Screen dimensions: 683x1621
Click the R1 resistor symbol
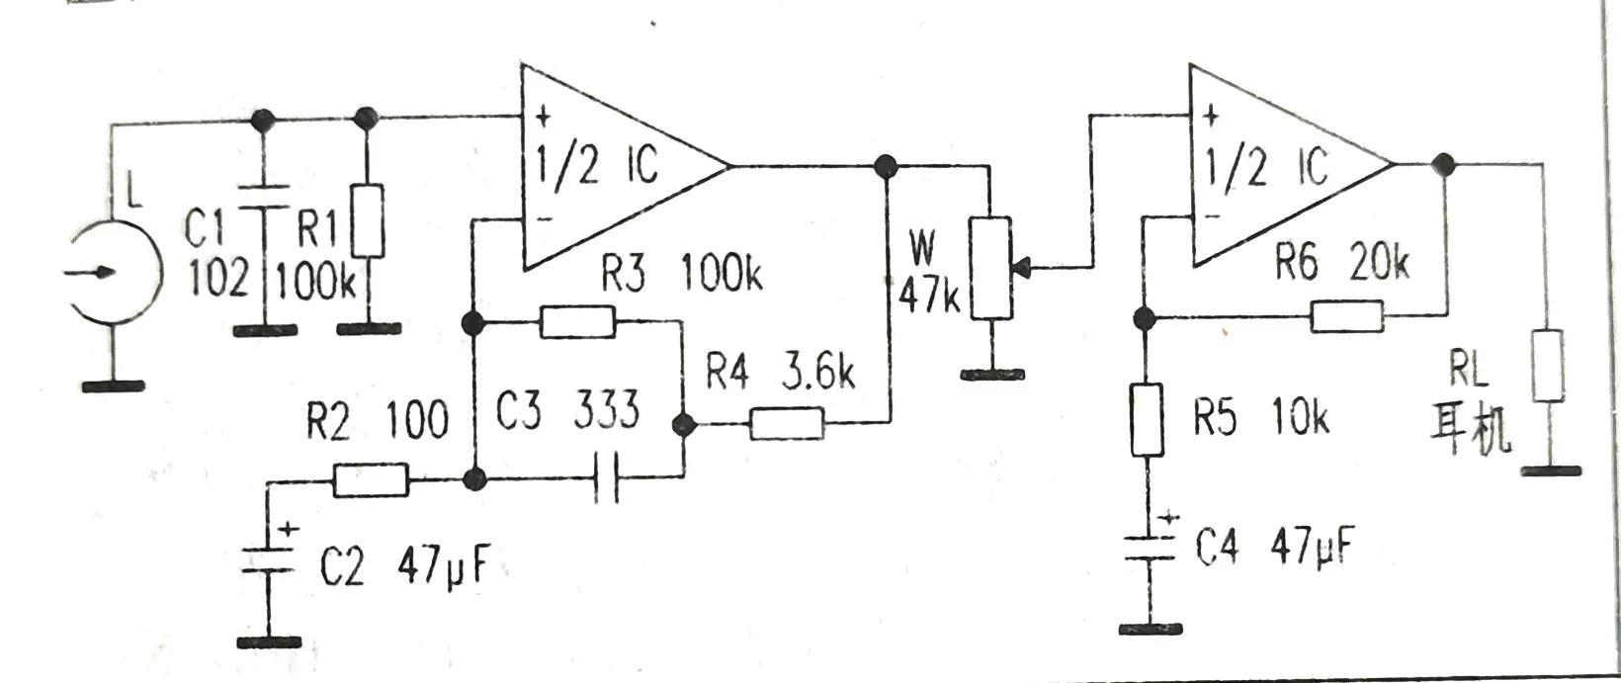click(369, 219)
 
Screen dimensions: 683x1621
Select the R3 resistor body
click(577, 321)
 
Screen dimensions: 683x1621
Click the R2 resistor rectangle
click(371, 480)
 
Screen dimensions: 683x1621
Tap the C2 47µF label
click(403, 567)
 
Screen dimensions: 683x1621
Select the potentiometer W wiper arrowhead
click(1022, 266)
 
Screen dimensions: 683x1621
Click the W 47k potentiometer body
click(991, 268)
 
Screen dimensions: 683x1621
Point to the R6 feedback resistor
click(1346, 317)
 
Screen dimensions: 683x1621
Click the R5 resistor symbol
click(1147, 420)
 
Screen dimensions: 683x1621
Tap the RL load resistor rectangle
click(1548, 367)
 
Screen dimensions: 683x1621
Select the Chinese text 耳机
click(1472, 432)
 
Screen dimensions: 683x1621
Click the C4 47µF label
click(1273, 548)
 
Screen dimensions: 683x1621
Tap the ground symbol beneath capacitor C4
click(1149, 627)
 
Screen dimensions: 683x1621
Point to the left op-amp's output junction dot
click(885, 165)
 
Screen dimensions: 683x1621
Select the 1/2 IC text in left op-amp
click(597, 165)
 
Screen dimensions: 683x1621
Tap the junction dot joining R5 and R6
click(1146, 317)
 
